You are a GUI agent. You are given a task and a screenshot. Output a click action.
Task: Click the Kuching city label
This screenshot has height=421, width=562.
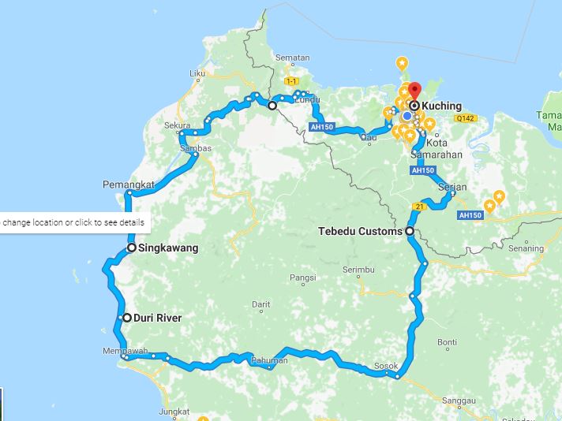(x=441, y=106)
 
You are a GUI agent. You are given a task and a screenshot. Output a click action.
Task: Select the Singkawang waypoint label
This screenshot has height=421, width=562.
(x=168, y=248)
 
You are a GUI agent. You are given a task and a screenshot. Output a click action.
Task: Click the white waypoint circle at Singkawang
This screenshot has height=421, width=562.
(x=132, y=248)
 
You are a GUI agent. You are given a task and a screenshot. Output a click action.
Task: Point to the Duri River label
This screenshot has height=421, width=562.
(x=158, y=319)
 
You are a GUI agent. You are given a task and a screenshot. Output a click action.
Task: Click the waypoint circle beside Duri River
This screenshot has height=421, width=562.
(x=126, y=318)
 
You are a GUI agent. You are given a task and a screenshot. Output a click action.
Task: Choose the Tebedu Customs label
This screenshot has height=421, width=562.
(x=359, y=232)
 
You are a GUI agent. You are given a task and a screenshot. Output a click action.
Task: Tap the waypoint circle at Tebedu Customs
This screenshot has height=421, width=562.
(x=410, y=232)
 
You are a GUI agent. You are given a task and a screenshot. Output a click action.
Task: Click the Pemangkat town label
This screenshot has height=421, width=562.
(x=126, y=185)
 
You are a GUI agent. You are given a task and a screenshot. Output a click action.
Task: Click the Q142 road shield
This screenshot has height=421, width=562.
(x=466, y=117)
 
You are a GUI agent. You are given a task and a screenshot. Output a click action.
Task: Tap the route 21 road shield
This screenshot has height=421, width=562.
(x=419, y=207)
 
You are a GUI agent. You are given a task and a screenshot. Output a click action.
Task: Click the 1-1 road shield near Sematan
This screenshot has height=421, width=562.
(x=291, y=81)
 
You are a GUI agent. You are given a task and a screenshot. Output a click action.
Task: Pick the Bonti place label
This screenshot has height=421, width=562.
(x=448, y=342)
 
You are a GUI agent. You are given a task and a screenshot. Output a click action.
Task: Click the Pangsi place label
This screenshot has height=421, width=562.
(x=303, y=278)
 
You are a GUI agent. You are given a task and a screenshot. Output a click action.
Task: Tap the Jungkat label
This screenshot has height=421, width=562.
(x=174, y=412)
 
